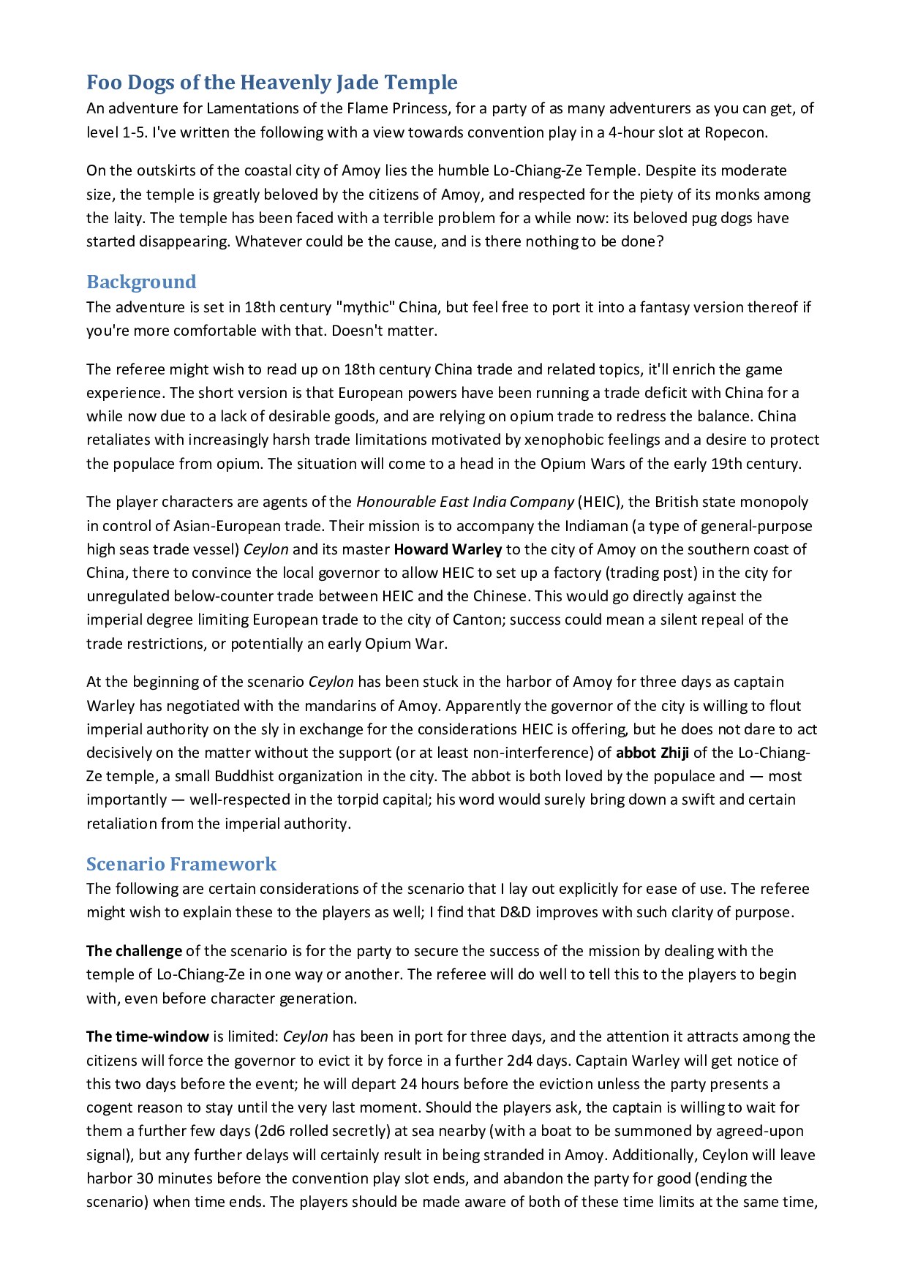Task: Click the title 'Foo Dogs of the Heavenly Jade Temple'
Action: [x=272, y=83]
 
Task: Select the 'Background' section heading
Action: [x=141, y=282]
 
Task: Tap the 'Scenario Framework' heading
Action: [x=181, y=864]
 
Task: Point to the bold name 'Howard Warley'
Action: [x=448, y=549]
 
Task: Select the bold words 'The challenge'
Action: [x=134, y=951]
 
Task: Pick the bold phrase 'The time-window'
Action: [x=148, y=1036]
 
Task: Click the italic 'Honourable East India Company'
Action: [x=464, y=502]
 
